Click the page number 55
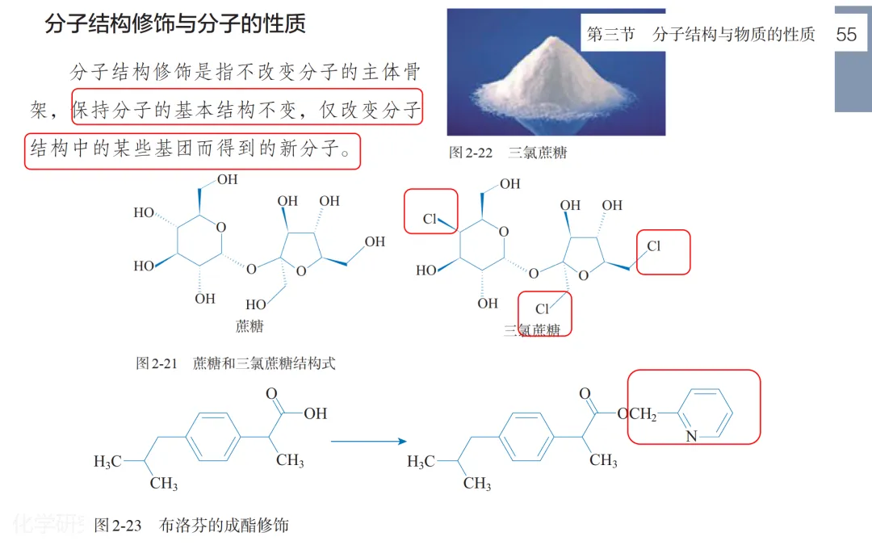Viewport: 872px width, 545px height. pyautogui.click(x=846, y=35)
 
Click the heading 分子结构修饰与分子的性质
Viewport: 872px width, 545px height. pyautogui.click(x=175, y=23)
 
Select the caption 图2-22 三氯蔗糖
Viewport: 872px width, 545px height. pyautogui.click(x=508, y=152)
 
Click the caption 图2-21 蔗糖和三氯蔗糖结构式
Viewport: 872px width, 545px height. pyautogui.click(x=235, y=363)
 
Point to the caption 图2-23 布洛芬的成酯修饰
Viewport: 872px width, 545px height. pyautogui.click(x=191, y=526)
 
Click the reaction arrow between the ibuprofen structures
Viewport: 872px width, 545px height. pyautogui.click(x=367, y=442)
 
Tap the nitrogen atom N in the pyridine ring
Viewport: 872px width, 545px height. pyautogui.click(x=691, y=436)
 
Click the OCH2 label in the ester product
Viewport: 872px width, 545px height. pyautogui.click(x=636, y=414)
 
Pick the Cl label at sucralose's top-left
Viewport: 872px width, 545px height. pyautogui.click(x=430, y=220)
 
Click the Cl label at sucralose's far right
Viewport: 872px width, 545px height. pyautogui.click(x=653, y=246)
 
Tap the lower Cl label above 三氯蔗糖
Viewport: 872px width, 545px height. pyautogui.click(x=542, y=308)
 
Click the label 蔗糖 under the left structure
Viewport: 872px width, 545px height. pyautogui.click(x=249, y=326)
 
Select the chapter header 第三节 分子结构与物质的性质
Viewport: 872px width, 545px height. pyautogui.click(x=700, y=35)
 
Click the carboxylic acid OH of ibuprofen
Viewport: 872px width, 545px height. pyautogui.click(x=315, y=413)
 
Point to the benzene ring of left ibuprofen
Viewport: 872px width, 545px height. pyautogui.click(x=214, y=438)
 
